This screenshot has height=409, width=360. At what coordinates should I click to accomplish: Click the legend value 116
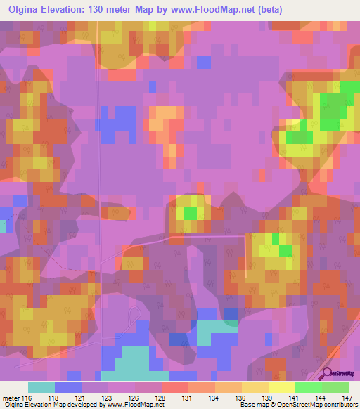pos(27,398)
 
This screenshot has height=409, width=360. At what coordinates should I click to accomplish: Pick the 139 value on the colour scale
pos(268,398)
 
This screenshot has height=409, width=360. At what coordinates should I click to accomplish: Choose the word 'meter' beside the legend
pos(11,398)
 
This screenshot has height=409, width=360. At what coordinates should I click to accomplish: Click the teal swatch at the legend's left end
pos(41,387)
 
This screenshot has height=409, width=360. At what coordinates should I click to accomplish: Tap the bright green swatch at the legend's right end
pos(335,387)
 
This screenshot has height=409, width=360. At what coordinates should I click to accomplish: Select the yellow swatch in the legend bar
pos(281,387)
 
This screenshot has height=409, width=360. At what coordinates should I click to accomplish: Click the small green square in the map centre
pos(190,212)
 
